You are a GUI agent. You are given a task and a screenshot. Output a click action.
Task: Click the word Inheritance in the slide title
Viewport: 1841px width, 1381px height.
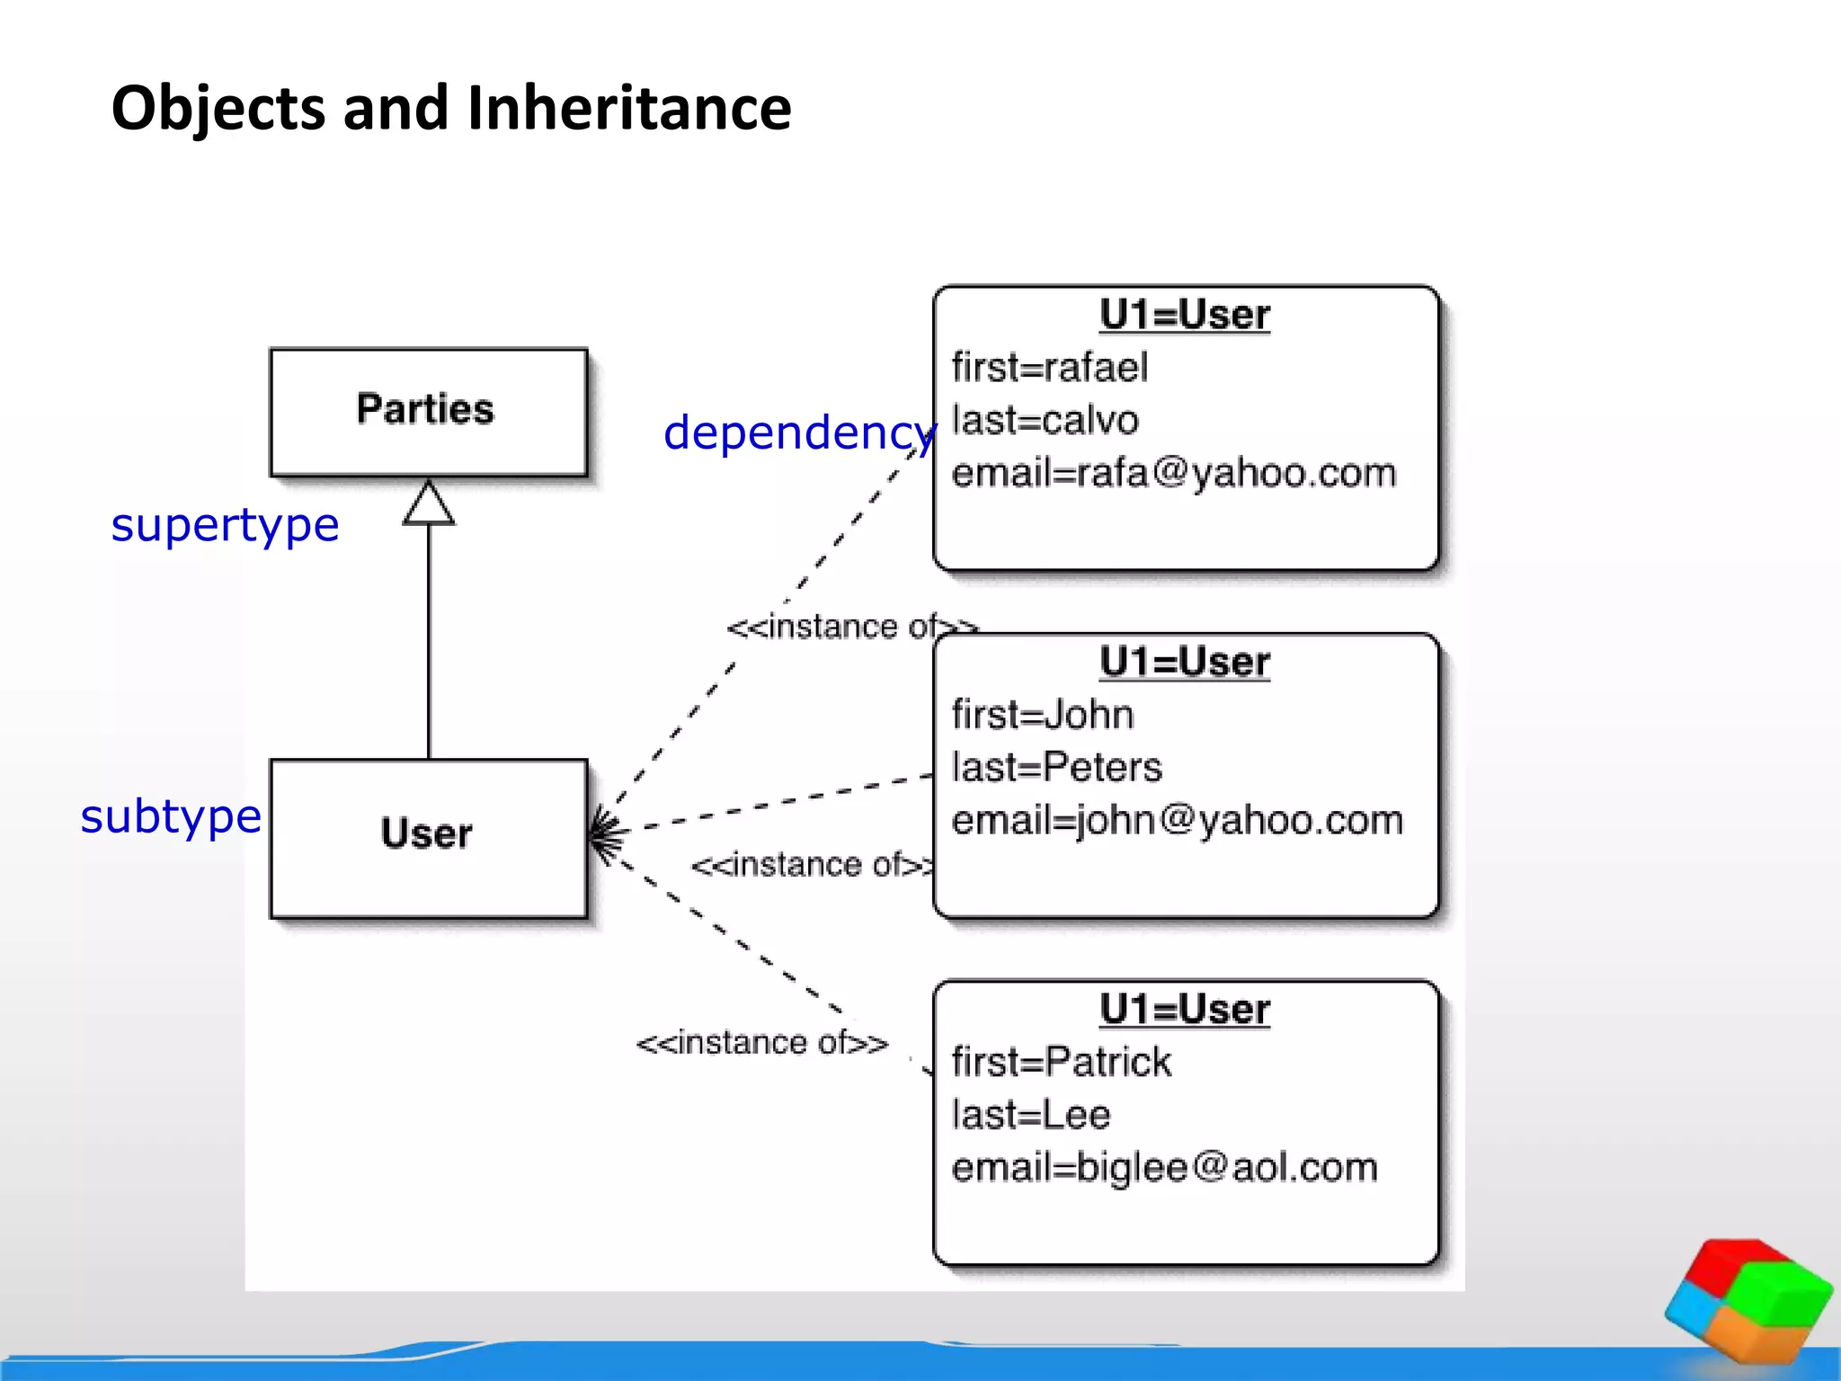[629, 108]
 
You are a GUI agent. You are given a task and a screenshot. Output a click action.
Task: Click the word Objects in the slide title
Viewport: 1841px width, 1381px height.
[217, 108]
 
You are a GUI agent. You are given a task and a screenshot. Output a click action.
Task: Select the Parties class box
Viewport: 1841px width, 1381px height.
[428, 411]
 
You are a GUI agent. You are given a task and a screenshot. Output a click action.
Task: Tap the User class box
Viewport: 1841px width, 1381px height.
[428, 837]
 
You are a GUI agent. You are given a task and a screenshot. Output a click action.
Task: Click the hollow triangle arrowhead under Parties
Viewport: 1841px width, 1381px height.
[429, 503]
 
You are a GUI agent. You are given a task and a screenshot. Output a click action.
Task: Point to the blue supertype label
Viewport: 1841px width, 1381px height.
[225, 525]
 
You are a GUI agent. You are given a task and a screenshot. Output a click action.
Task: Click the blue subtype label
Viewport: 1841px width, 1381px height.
[171, 816]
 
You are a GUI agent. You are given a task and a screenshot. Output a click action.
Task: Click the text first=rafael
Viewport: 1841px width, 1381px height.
[1050, 368]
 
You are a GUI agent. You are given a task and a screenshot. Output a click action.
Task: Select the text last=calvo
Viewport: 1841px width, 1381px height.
[1045, 421]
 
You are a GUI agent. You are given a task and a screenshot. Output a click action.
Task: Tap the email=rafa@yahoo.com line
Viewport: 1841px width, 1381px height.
[1174, 474]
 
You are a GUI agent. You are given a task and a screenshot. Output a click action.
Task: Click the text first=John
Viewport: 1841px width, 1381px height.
[1043, 715]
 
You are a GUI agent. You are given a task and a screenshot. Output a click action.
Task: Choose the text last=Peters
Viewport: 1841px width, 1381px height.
[1057, 768]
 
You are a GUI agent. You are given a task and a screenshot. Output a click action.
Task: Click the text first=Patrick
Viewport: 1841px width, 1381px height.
[1062, 1062]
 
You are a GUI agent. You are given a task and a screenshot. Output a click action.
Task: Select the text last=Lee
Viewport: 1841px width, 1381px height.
[1031, 1115]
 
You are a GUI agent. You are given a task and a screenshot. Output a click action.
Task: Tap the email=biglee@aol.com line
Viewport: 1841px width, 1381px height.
[1165, 1168]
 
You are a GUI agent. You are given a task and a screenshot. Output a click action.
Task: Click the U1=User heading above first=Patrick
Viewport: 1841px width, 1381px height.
[1185, 1010]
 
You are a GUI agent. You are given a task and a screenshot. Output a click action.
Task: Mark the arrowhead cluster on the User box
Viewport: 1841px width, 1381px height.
[604, 835]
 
